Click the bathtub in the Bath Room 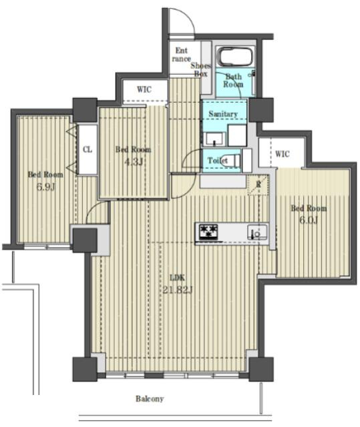coord(236,57)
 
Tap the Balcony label coord(150,399)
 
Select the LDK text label coord(178,278)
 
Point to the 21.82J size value coord(178,290)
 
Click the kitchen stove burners coord(209,232)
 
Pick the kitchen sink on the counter coord(257,232)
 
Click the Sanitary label coord(223,114)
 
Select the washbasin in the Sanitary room coord(214,139)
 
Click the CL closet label coord(87,149)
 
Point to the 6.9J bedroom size coord(46,187)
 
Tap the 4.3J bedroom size coord(134,161)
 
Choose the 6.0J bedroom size coord(309,220)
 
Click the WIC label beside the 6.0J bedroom coord(282,154)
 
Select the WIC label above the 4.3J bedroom coord(144,89)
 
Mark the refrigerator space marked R coord(258,185)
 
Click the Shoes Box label coord(201,69)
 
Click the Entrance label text coord(182,55)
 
